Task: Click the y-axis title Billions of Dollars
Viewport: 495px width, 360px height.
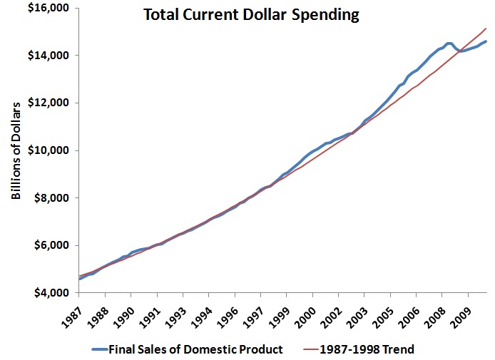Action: (16, 150)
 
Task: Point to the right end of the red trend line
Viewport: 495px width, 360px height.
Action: (486, 29)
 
